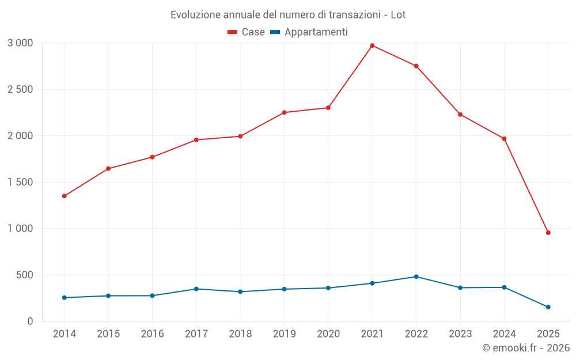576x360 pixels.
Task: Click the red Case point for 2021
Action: (x=372, y=46)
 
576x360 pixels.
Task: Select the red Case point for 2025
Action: (x=548, y=233)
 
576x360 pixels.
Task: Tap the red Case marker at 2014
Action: (x=64, y=196)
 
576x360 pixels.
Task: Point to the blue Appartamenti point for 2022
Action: (x=416, y=276)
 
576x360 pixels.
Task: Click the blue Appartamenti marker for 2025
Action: (x=548, y=307)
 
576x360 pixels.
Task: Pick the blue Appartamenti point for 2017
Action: (x=196, y=289)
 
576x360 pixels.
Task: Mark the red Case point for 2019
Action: (x=284, y=112)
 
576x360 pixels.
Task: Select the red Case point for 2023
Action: (x=460, y=115)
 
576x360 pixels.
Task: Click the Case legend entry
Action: (x=247, y=32)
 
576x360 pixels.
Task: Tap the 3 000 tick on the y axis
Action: (x=21, y=43)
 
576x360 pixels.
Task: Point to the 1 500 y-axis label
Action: (x=21, y=182)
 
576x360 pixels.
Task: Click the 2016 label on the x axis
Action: (x=152, y=334)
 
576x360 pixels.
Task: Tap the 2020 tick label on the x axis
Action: (x=328, y=334)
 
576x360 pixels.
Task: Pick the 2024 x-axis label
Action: (x=504, y=334)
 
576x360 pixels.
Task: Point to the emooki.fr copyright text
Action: (x=525, y=348)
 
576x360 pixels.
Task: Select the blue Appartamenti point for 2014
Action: (x=64, y=298)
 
